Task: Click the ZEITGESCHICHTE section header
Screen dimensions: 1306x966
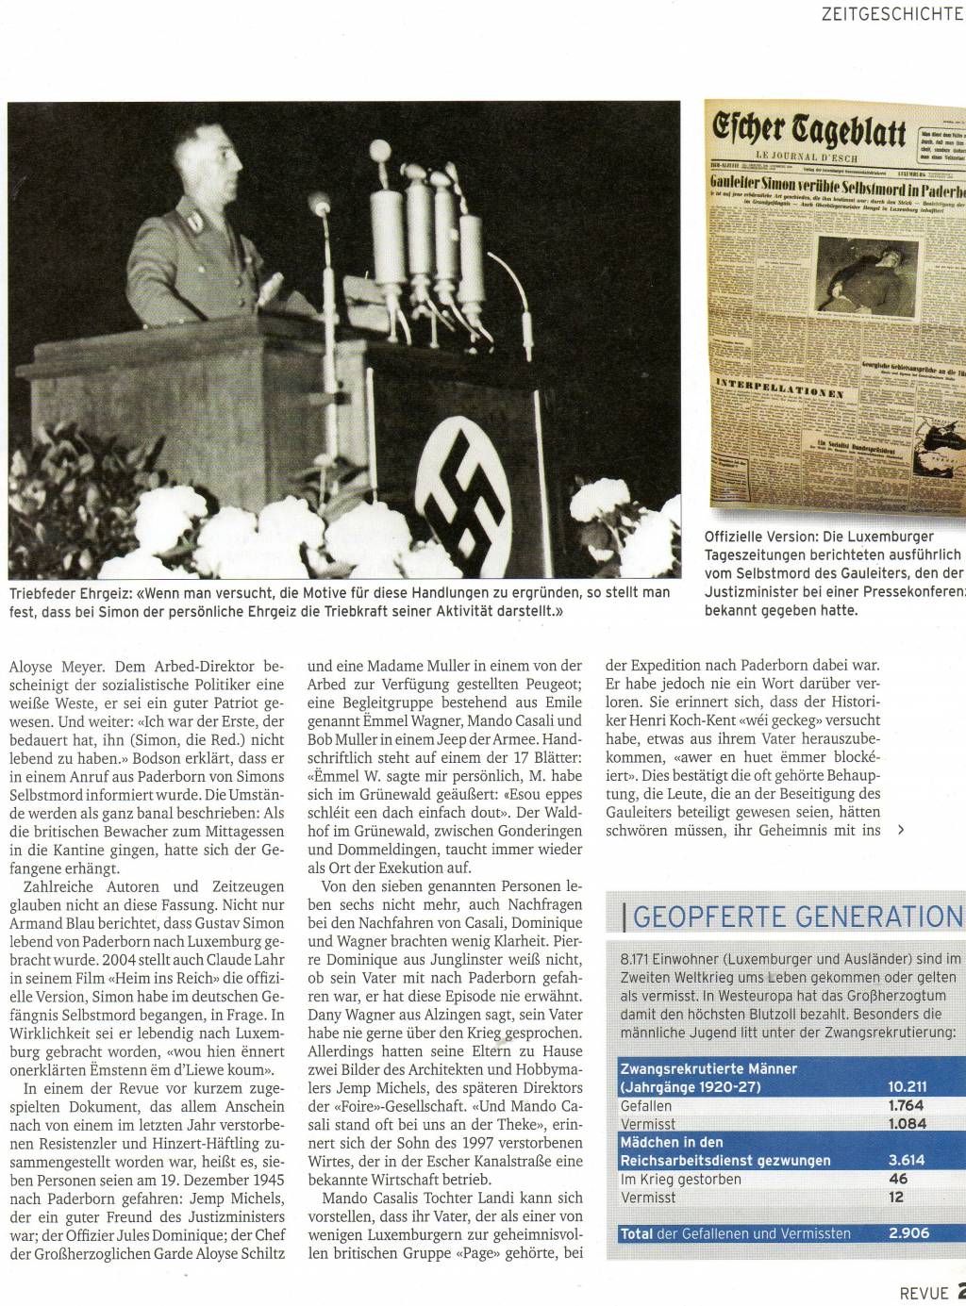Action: [891, 15]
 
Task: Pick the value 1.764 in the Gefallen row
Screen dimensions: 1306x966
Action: [907, 1105]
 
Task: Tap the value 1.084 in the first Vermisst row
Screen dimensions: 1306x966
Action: [907, 1123]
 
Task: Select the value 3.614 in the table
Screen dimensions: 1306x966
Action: [907, 1160]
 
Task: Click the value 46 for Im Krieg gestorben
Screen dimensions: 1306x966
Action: [897, 1179]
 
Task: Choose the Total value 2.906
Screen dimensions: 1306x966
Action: [908, 1233]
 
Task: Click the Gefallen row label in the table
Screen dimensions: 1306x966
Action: [646, 1105]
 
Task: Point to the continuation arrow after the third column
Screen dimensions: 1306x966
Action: [902, 831]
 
